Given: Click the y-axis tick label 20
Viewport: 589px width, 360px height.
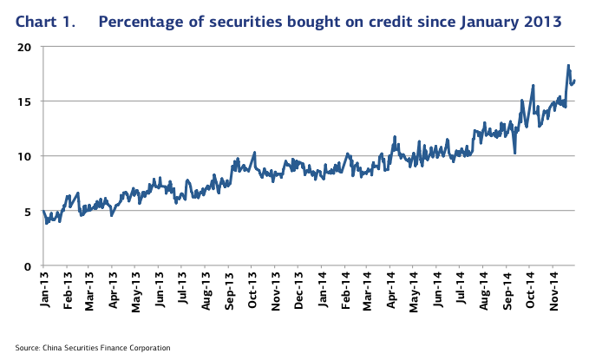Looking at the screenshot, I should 25,47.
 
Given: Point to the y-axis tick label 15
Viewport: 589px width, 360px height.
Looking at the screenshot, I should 25,101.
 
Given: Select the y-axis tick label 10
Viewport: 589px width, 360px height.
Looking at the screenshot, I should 25,156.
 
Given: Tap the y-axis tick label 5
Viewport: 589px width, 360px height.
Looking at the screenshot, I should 29,211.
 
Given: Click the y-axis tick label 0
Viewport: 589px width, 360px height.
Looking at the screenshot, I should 29,265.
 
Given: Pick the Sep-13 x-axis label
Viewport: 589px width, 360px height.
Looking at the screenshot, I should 229,291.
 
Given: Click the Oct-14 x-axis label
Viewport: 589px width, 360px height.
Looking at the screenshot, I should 531,291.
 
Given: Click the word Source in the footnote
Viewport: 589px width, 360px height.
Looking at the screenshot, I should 27,347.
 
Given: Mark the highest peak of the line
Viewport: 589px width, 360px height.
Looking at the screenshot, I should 568,66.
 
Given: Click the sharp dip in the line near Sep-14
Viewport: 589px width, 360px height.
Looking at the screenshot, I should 515,153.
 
